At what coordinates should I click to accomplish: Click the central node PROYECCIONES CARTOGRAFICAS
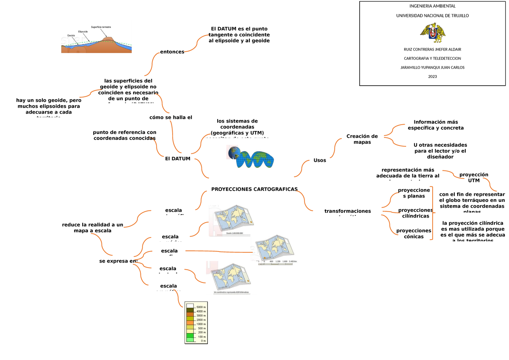(x=254, y=189)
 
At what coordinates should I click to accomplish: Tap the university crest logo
(x=432, y=33)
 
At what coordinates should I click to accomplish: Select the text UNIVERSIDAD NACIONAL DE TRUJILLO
(x=432, y=16)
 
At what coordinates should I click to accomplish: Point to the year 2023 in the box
(x=432, y=76)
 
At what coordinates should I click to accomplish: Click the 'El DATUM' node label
(x=177, y=159)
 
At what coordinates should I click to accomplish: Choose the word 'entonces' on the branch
(x=172, y=52)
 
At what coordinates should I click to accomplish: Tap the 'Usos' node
(x=319, y=160)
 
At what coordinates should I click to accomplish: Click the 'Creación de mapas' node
(x=362, y=139)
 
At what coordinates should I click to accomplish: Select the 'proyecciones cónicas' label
(x=414, y=234)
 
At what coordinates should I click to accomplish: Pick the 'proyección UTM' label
(x=473, y=177)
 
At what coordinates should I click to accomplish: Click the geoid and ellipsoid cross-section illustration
(x=97, y=39)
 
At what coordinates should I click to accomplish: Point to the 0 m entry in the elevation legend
(x=196, y=340)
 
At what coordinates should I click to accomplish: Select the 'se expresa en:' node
(x=118, y=261)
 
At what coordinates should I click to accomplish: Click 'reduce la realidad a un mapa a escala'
(x=92, y=228)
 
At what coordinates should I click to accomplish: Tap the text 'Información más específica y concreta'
(x=435, y=125)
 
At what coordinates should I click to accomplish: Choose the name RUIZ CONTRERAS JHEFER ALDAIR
(x=432, y=49)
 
